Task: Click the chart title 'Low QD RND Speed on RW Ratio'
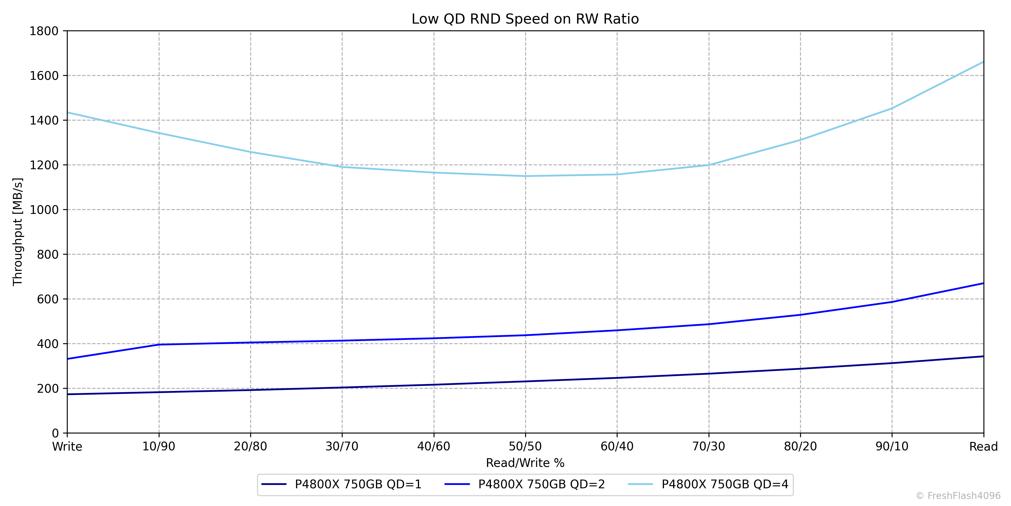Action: point(525,19)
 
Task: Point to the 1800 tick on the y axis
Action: point(44,31)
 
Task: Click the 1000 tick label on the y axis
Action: point(44,210)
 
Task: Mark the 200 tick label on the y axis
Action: point(48,388)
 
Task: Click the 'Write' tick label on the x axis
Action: point(67,447)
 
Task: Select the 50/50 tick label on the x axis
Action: point(525,447)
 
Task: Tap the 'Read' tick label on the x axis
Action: point(983,447)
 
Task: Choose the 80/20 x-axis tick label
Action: point(800,447)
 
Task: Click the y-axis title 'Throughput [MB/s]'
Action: point(18,232)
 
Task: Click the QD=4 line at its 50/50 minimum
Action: point(525,176)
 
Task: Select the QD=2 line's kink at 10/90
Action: point(159,345)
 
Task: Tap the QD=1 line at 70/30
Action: point(709,374)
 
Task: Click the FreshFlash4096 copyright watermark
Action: point(958,496)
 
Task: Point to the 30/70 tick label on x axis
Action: point(342,447)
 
